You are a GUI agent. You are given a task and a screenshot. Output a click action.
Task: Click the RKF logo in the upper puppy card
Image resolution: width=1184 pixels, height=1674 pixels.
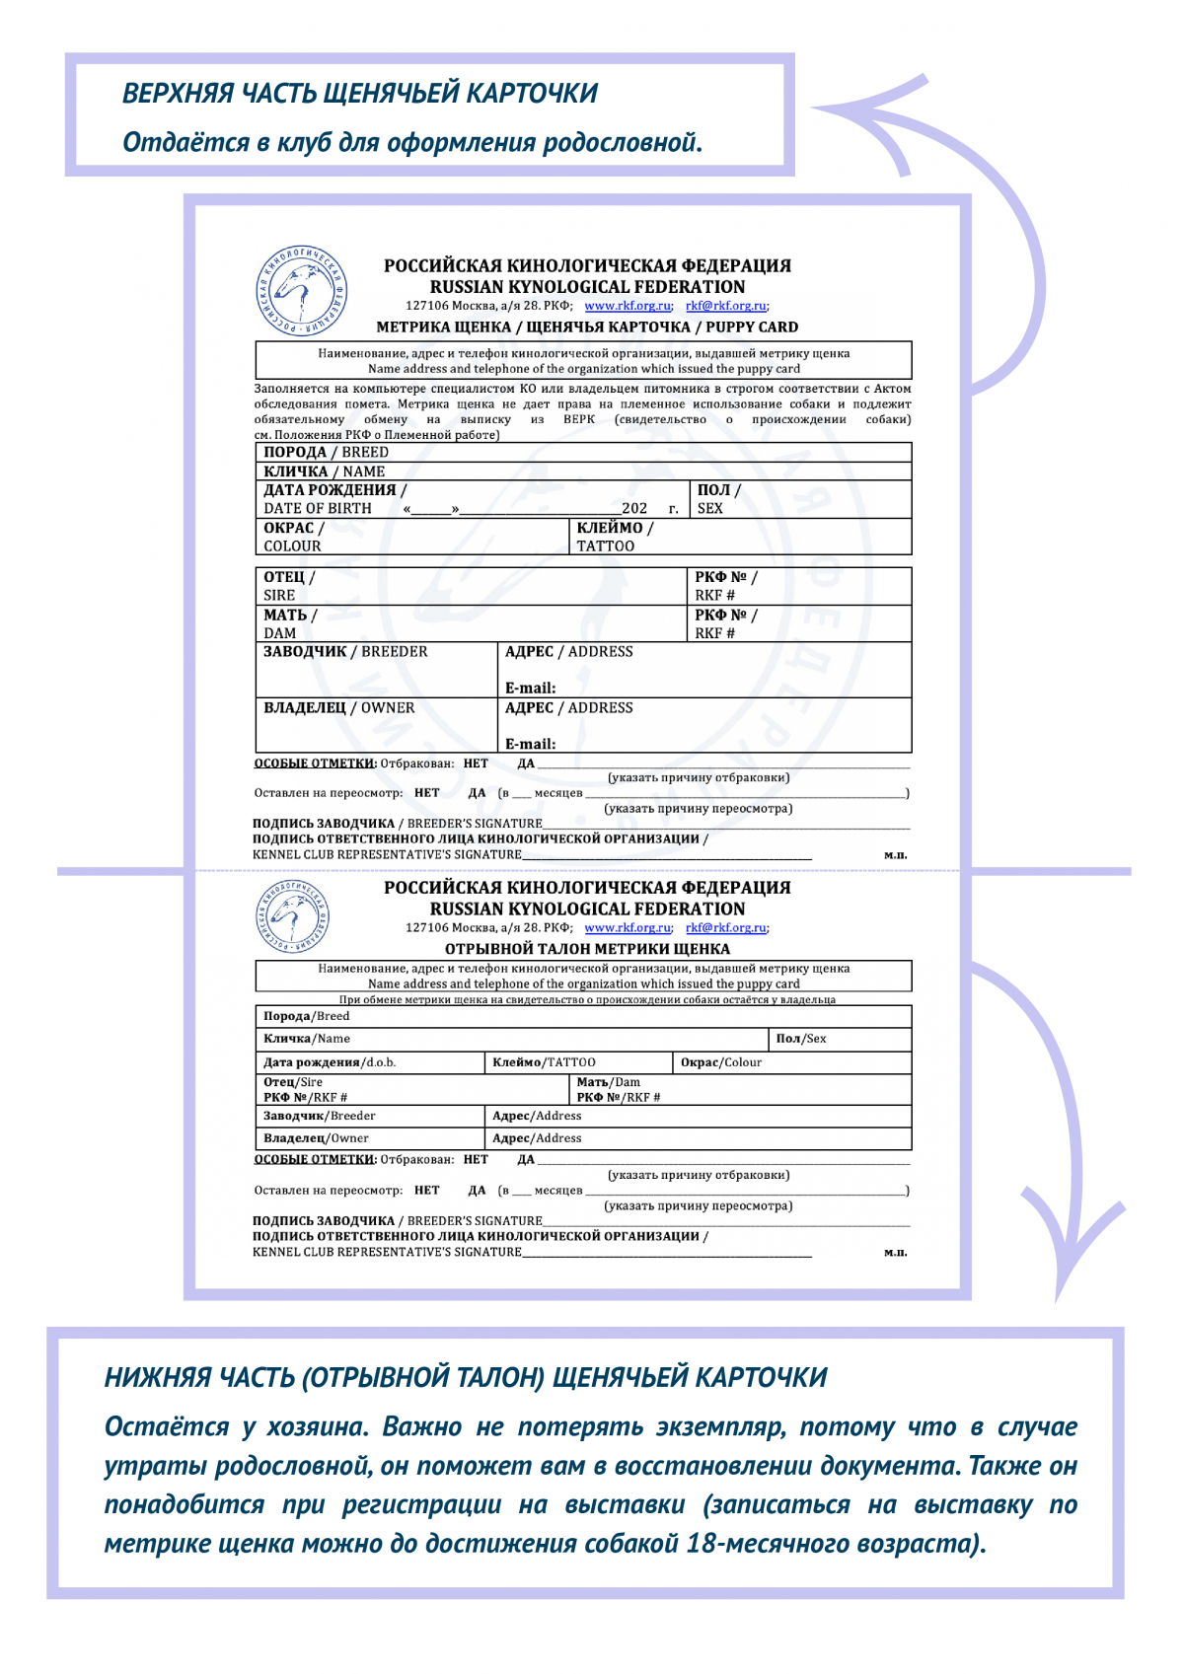301,291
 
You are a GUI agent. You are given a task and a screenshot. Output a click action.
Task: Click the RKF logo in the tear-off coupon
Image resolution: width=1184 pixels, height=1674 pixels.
291,914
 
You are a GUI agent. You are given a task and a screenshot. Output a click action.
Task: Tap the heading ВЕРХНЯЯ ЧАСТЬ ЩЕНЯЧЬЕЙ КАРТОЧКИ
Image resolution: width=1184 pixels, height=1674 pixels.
360,94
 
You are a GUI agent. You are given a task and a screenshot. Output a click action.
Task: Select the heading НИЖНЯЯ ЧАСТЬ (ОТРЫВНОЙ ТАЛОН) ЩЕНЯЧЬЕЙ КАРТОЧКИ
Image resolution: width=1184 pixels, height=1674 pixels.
466,1378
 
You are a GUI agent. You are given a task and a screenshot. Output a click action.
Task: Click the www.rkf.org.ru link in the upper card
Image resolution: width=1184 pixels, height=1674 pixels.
628,306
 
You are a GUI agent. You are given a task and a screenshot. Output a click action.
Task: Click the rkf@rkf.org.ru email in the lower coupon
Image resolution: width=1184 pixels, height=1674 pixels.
726,928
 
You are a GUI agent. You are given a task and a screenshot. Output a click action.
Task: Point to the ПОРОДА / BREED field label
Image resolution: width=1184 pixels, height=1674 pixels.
326,452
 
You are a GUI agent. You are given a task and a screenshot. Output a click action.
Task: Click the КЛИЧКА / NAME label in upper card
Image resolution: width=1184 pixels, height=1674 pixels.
324,472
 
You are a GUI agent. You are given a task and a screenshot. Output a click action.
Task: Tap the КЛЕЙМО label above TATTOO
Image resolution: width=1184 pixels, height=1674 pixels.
615,528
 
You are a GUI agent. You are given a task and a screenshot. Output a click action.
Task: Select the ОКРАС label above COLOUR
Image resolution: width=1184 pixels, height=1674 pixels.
293,528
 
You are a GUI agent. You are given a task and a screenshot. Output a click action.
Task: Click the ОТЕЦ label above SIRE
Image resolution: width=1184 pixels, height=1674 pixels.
288,577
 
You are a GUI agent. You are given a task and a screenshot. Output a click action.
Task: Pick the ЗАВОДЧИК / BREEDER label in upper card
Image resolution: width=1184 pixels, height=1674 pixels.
345,652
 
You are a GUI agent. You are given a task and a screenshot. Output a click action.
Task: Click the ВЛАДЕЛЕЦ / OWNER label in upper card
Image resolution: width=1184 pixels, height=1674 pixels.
338,708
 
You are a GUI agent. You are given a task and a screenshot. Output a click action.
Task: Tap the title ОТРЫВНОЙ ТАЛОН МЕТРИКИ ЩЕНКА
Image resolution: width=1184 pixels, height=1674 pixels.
587,949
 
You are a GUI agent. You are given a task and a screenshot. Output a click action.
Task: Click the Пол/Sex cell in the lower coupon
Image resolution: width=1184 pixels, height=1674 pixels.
801,1039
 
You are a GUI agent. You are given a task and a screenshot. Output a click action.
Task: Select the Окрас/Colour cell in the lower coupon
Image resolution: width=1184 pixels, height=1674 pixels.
721,1062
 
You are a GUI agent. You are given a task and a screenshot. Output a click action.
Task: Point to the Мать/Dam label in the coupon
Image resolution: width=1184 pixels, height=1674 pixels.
608,1082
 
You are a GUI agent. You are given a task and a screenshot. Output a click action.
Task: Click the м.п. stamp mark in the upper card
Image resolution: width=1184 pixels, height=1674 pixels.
895,855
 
